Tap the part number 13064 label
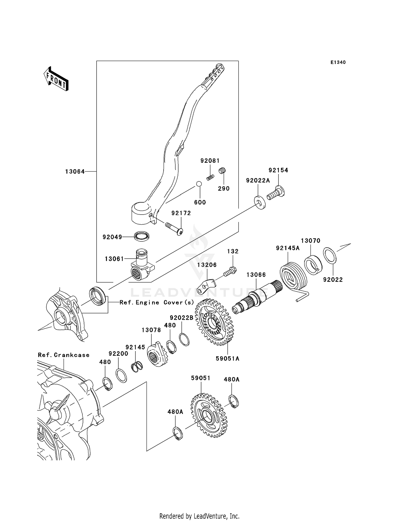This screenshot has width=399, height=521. [75, 172]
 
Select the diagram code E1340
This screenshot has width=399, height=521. [338, 62]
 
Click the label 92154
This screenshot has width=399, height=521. [278, 170]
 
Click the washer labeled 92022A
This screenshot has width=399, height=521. [260, 202]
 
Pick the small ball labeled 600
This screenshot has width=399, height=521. [199, 184]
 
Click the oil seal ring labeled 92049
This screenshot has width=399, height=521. [142, 236]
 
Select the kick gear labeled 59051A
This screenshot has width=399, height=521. [214, 322]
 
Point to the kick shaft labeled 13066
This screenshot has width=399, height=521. [255, 297]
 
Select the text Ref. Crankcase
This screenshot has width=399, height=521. [64, 355]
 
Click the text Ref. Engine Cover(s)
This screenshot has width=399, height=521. [157, 302]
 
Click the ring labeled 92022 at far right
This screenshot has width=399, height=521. [330, 256]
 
